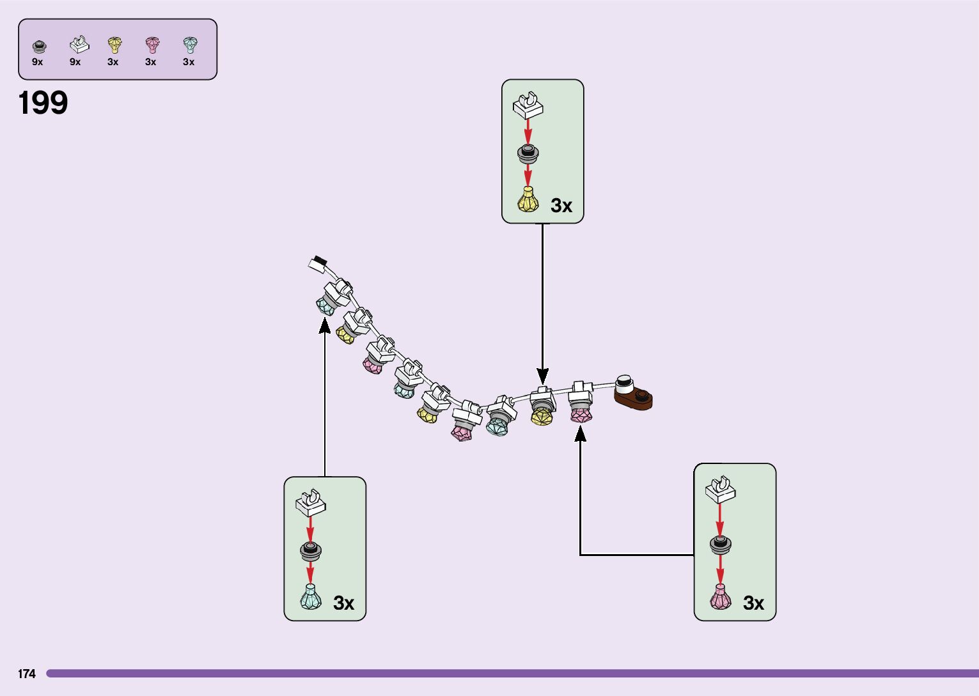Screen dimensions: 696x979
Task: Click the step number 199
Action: pos(43,103)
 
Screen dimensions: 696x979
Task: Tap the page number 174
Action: pos(27,674)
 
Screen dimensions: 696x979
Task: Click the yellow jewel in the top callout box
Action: pos(528,200)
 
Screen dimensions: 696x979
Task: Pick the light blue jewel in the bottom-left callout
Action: pos(311,597)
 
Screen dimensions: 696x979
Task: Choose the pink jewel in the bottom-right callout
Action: pos(720,597)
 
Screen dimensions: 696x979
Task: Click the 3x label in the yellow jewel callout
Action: pos(561,206)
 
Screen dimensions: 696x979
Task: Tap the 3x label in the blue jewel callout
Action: pos(343,603)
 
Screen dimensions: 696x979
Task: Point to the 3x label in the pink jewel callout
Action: pos(753,603)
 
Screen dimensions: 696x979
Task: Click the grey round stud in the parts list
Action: pos(39,46)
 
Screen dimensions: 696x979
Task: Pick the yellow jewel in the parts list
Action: pos(114,45)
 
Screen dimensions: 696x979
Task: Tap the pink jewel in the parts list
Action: pos(152,45)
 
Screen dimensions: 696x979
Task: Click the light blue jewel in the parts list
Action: pos(190,45)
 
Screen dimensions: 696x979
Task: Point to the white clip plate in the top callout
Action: pos(528,106)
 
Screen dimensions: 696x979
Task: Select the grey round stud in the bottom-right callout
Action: pos(721,545)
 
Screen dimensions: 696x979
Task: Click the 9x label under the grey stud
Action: pos(38,62)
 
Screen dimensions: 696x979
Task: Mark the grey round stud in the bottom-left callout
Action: pos(311,550)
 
